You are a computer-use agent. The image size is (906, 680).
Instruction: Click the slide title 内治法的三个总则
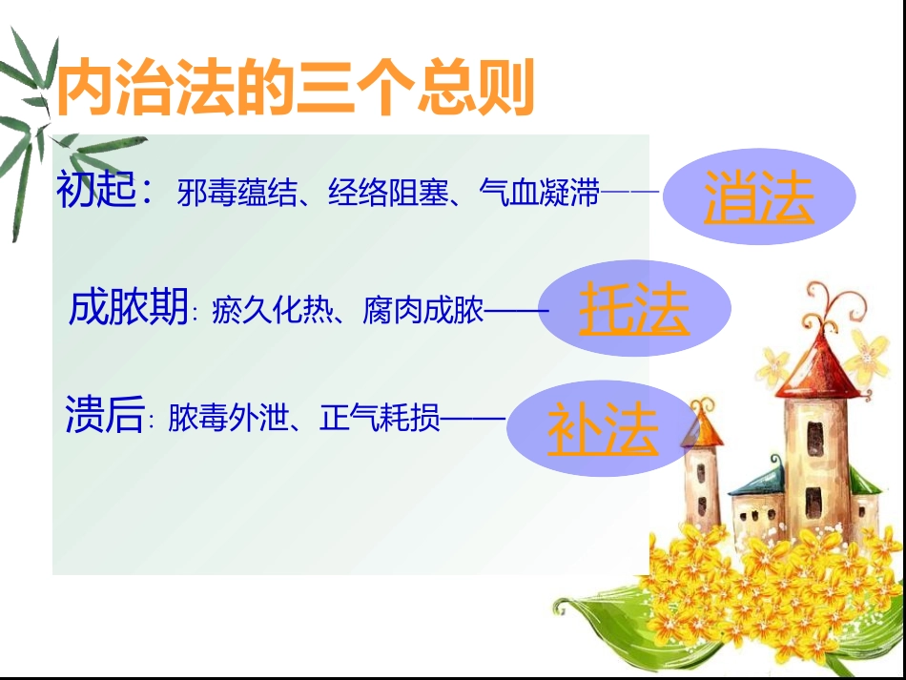295,89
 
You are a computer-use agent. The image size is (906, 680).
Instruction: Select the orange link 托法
634,311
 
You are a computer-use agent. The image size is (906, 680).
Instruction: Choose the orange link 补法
603,430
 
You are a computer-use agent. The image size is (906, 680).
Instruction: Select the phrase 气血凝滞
540,195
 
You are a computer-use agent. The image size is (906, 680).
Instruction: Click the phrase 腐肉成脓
423,311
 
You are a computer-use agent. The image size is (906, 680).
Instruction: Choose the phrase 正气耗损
381,418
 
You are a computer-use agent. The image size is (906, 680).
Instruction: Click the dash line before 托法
518,311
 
